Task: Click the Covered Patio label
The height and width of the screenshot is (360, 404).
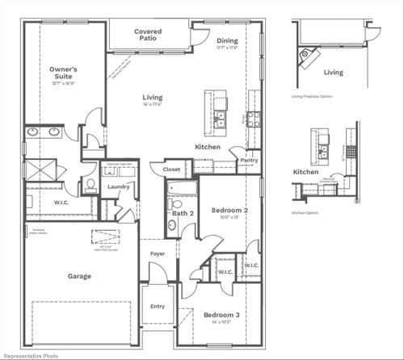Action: point(148,36)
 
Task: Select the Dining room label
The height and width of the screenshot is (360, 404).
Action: point(226,41)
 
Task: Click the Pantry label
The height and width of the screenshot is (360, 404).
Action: point(249,160)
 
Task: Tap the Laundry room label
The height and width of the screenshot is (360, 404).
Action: point(118,186)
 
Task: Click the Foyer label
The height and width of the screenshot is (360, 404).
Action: point(157,253)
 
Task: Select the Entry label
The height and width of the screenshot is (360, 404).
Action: point(157,306)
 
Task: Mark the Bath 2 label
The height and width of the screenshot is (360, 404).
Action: point(181,213)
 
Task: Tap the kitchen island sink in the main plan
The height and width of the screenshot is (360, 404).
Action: point(220,103)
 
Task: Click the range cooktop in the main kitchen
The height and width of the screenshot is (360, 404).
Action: point(252,119)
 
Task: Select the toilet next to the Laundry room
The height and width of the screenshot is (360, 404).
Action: point(90,186)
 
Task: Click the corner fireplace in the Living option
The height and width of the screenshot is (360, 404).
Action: point(307,55)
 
